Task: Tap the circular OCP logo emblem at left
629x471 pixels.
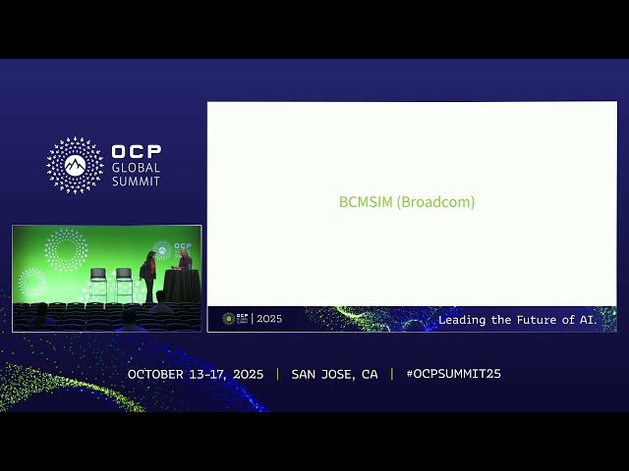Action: point(75,165)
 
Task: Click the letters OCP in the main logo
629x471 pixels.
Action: point(137,152)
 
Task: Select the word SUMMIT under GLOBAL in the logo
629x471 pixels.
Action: point(136,182)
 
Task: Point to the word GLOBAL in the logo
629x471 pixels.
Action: point(136,168)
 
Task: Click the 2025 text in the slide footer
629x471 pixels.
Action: point(269,319)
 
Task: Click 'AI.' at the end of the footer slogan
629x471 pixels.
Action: point(587,320)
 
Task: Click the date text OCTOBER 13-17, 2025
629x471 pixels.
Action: point(196,374)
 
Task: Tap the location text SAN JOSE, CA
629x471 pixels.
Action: point(334,374)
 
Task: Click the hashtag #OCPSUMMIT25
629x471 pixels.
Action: point(453,374)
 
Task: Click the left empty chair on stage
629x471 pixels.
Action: point(98,284)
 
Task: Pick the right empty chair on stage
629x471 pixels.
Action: point(124,284)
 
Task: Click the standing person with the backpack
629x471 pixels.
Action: point(148,276)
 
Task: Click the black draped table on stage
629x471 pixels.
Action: point(181,286)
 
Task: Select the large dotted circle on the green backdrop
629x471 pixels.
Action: point(66,249)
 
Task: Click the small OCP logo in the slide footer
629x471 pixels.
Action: point(229,319)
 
